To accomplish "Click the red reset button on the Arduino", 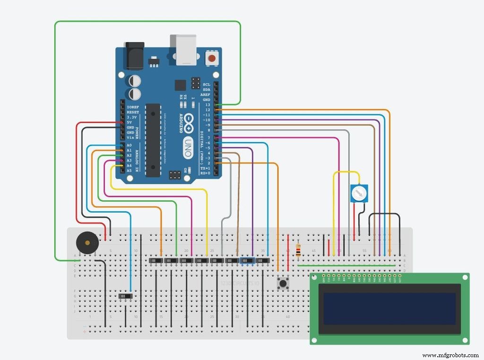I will pyautogui.click(x=212, y=59).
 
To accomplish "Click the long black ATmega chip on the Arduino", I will pyautogui.click(x=153, y=140).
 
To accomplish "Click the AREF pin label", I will pyautogui.click(x=206, y=95).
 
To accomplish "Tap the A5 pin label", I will pyautogui.click(x=130, y=171).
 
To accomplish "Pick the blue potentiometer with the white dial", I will pyautogui.click(x=359, y=193).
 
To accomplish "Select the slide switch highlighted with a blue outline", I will pyautogui.click(x=247, y=261).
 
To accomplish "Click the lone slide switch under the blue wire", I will pyautogui.click(x=126, y=296).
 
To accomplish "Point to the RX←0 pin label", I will pyautogui.click(x=205, y=173).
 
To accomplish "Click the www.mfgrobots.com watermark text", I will pyautogui.click(x=450, y=355).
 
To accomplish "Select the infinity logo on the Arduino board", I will pyautogui.click(x=189, y=123).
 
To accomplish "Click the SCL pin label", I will pyautogui.click(x=207, y=85).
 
